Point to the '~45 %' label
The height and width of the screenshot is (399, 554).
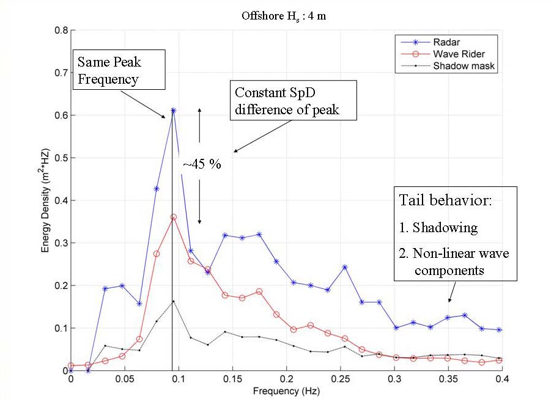(202, 165)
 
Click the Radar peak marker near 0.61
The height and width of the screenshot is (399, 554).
(174, 111)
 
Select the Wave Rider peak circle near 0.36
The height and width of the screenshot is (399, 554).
(174, 217)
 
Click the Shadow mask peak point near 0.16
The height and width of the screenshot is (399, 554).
(174, 301)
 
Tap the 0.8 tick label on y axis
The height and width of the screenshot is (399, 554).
(59, 30)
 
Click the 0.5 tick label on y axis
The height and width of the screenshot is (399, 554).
(59, 158)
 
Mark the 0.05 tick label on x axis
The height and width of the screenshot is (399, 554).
(125, 380)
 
